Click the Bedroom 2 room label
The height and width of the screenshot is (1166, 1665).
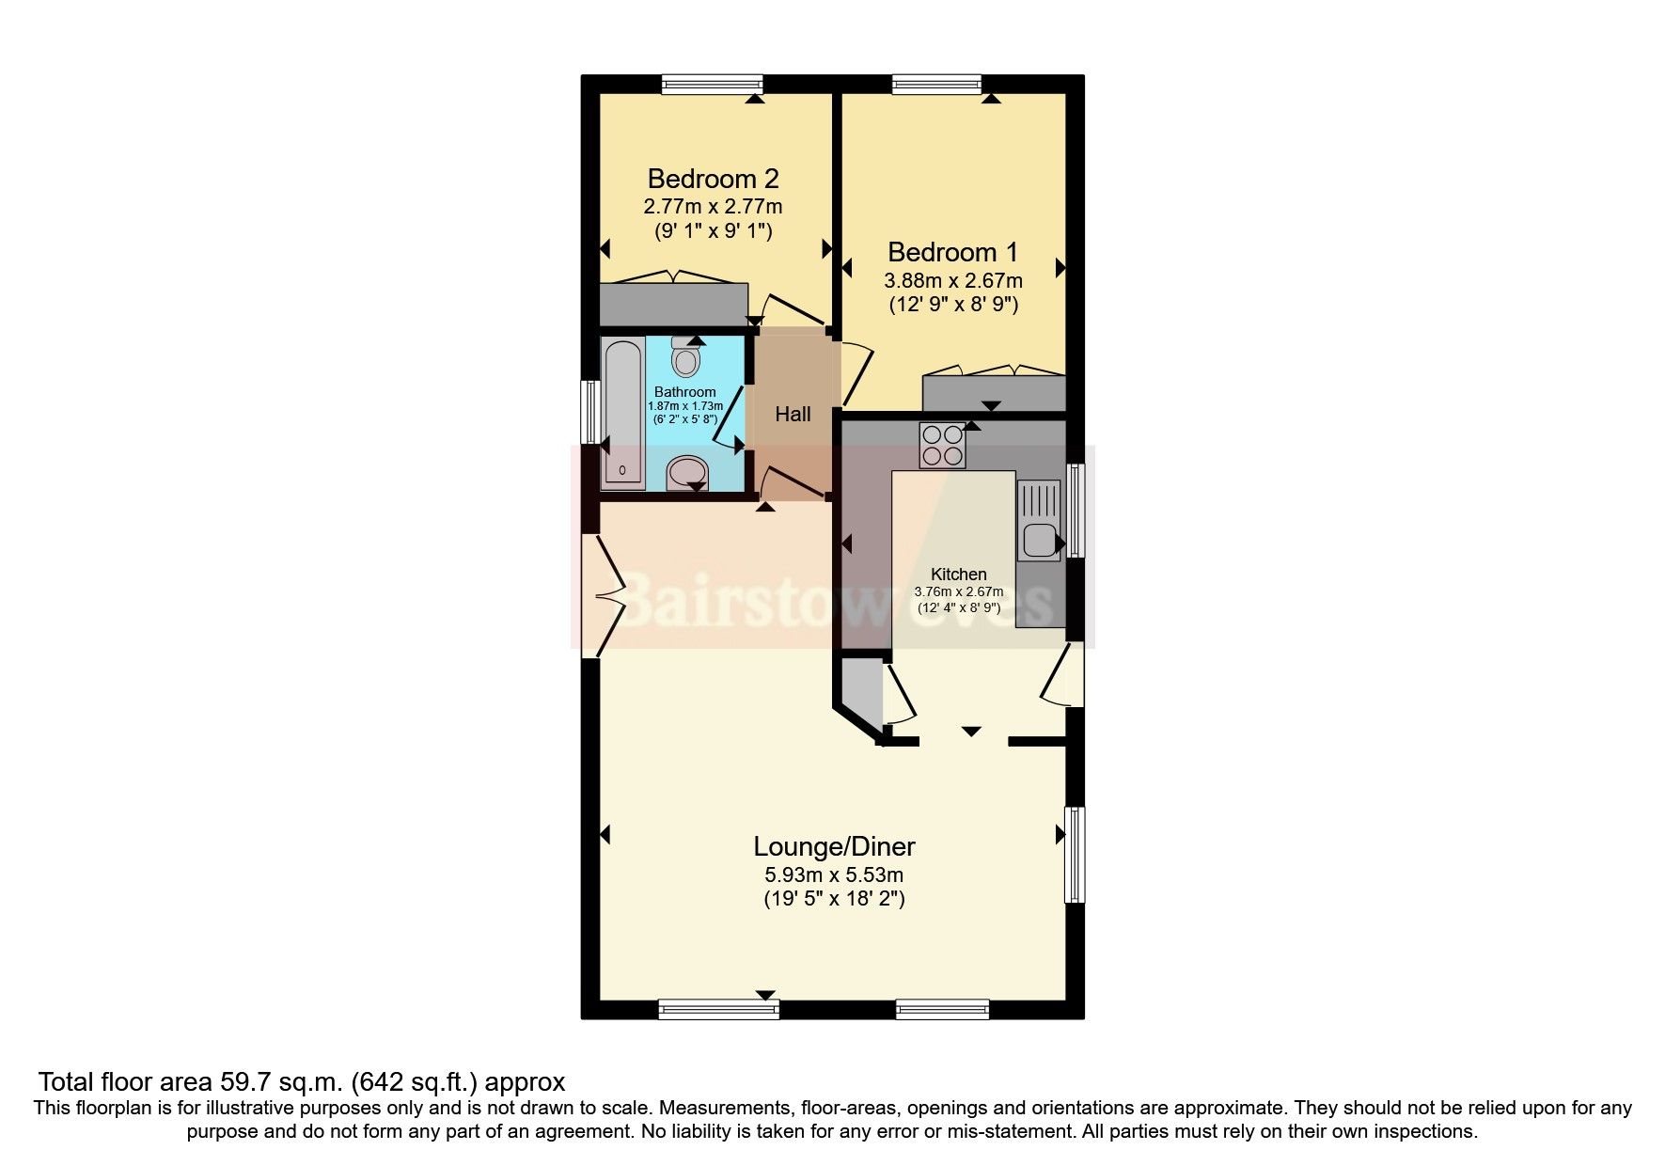[713, 179]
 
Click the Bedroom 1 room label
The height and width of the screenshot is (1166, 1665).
[952, 252]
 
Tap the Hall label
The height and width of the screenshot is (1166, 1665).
[793, 414]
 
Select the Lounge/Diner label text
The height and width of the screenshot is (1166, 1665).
[834, 846]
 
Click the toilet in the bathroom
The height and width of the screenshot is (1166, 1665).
[685, 358]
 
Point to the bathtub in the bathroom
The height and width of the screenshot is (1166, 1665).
[622, 414]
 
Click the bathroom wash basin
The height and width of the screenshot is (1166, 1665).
[687, 474]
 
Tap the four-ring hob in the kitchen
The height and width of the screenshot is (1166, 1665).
[942, 446]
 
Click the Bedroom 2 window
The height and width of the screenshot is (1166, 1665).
[711, 85]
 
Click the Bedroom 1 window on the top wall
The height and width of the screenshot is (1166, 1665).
[936, 85]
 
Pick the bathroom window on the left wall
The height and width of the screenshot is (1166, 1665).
[590, 411]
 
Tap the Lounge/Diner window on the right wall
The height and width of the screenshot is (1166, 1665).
[1075, 855]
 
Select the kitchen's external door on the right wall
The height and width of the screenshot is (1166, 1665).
[1064, 674]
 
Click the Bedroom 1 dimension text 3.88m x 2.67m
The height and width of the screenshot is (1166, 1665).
[952, 280]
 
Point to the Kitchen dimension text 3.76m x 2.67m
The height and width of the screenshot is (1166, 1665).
[958, 591]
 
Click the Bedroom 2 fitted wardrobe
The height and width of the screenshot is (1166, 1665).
[673, 304]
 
